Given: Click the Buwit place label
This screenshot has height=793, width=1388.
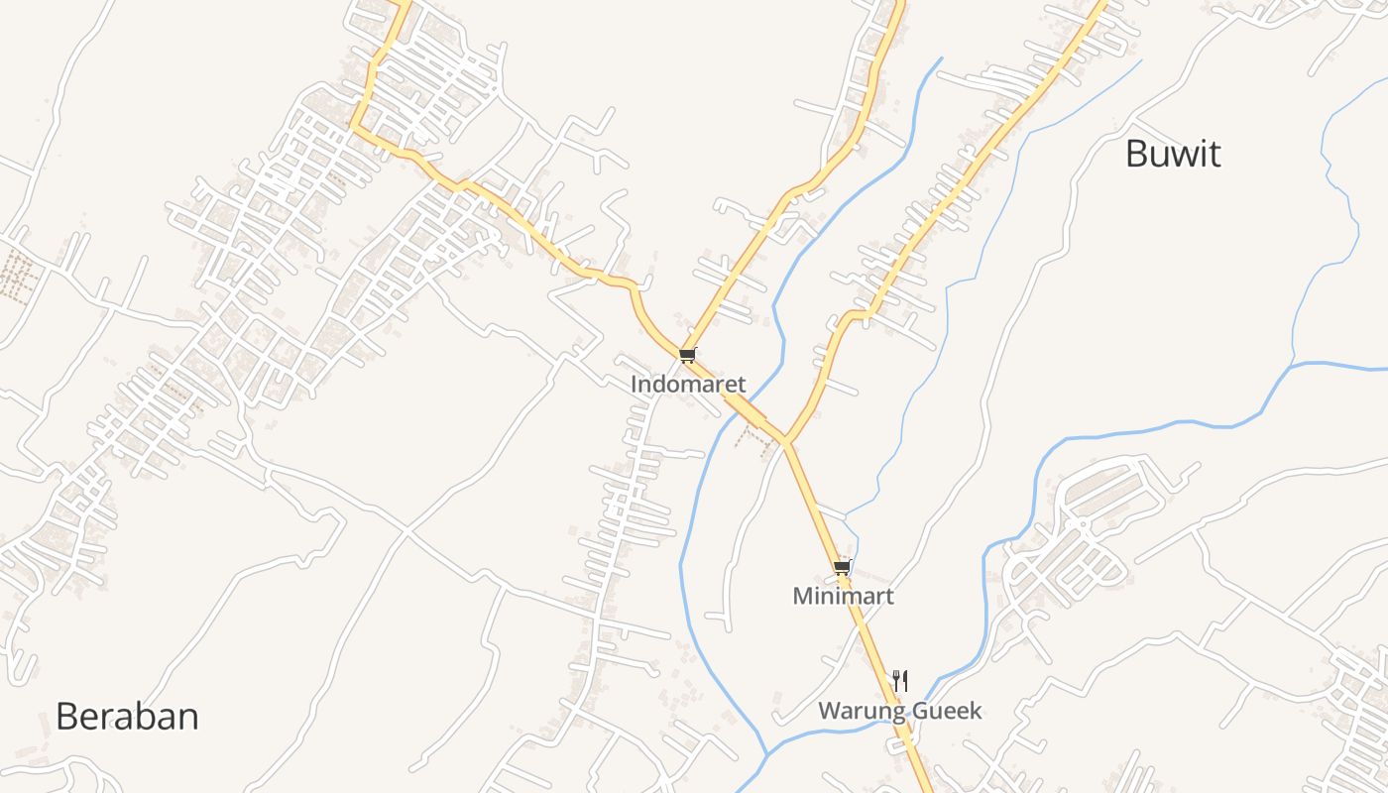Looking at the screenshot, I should click(x=1173, y=155).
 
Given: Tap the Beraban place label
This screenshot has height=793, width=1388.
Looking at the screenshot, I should click(x=127, y=716).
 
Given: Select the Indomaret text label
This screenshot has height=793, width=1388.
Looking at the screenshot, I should click(x=688, y=384).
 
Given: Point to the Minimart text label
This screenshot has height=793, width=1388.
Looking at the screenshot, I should click(x=843, y=596).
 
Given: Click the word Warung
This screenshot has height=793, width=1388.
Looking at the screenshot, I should click(x=860, y=711).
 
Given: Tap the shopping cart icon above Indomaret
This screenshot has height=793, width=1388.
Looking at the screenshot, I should click(x=688, y=355).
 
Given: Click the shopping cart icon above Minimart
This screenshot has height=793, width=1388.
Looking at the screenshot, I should click(x=842, y=568).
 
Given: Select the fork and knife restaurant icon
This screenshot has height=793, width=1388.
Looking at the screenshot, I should click(x=899, y=680).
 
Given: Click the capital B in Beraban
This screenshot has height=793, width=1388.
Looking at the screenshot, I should click(x=66, y=716).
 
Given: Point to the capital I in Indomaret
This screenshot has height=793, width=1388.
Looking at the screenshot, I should click(x=635, y=384).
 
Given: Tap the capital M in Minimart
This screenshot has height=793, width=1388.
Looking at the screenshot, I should click(x=801, y=596).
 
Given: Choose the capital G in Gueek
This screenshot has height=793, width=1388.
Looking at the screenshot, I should click(x=916, y=711).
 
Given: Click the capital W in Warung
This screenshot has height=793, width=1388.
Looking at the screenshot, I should click(x=828, y=711).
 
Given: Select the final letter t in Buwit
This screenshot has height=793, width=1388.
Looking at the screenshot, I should click(x=1214, y=155).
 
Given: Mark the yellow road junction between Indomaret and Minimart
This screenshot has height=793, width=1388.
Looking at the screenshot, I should click(x=785, y=440).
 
